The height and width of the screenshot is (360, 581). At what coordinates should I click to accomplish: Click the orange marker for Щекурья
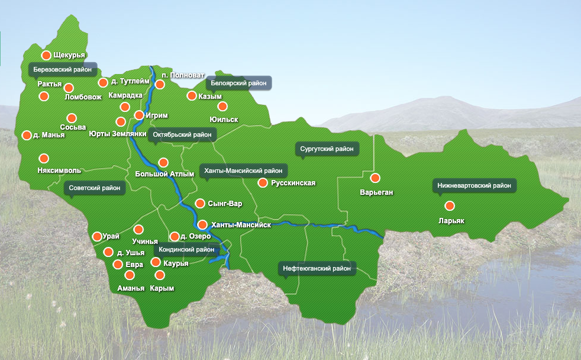tap(46, 55)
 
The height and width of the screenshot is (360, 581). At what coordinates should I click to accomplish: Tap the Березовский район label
tap(63, 69)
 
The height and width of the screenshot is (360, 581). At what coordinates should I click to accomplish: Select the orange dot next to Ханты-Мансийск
tap(202, 225)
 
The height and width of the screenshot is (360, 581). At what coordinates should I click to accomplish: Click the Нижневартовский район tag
tap(474, 185)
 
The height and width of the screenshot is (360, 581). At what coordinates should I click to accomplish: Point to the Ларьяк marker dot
tap(450, 205)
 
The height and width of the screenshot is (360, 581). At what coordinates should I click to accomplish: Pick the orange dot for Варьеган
tap(375, 178)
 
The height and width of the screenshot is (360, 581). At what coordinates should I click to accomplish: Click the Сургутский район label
tap(327, 149)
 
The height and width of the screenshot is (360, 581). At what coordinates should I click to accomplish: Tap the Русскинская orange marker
tap(263, 183)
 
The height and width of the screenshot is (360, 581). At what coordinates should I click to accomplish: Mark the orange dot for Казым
tap(192, 95)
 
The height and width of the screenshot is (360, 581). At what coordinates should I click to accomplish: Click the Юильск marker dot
tap(222, 107)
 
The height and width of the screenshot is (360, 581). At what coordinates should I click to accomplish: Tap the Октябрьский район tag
tap(182, 134)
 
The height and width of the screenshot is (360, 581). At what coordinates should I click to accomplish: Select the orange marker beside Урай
tap(97, 236)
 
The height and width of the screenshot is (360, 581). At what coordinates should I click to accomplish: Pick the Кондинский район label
tap(187, 249)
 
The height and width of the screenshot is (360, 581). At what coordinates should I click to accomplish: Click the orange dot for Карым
tap(159, 275)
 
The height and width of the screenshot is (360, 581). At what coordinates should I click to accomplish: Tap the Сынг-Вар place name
tap(225, 204)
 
